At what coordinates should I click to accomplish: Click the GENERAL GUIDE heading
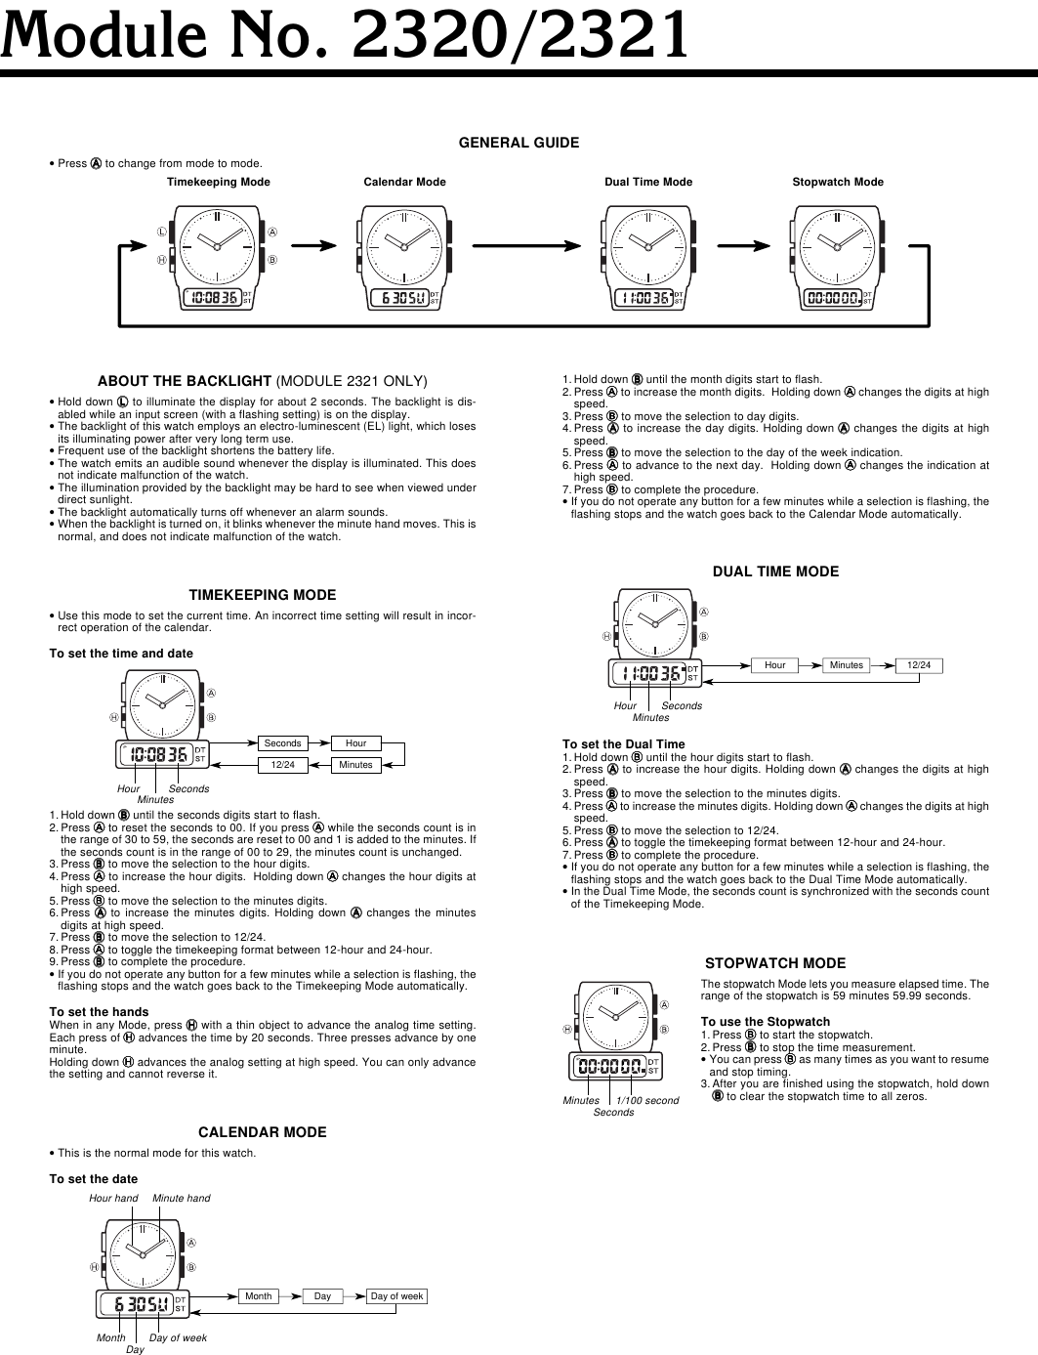(x=519, y=143)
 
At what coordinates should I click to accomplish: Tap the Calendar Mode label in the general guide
(x=404, y=182)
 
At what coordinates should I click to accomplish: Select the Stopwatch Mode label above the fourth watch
(x=837, y=182)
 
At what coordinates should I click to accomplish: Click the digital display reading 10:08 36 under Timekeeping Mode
(x=213, y=297)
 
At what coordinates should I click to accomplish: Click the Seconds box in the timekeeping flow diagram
(x=283, y=743)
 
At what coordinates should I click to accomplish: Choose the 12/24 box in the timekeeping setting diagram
(x=283, y=765)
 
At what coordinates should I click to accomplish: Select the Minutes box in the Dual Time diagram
(x=847, y=665)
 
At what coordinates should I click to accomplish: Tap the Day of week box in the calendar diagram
(x=396, y=1296)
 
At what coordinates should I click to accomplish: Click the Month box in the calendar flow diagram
(x=259, y=1296)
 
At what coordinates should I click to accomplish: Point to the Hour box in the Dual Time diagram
(x=774, y=665)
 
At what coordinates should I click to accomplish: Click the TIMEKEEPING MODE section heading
(x=262, y=595)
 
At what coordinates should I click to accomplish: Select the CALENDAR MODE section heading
(x=262, y=1132)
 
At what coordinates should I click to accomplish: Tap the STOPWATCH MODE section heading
(x=775, y=963)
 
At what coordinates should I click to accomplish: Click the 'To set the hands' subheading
(x=99, y=1012)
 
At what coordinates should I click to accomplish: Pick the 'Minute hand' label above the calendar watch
(x=181, y=1198)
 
